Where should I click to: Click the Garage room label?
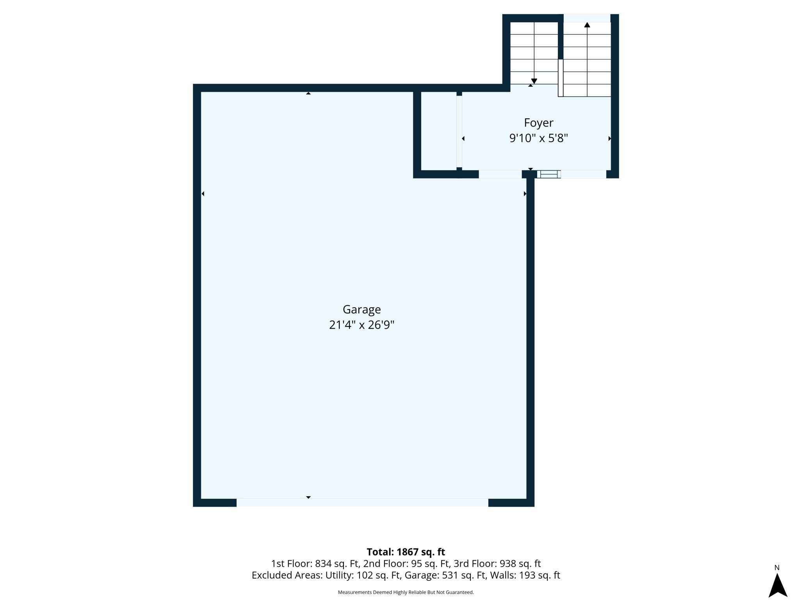(361, 309)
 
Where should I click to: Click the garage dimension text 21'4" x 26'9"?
(361, 325)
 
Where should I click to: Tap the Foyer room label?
(538, 123)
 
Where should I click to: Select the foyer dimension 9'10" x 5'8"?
(538, 138)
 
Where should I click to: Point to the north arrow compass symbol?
(778, 586)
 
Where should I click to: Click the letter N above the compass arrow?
(777, 568)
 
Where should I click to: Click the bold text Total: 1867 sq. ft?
(406, 552)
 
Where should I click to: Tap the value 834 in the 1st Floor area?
(323, 563)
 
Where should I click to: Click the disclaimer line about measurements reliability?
(406, 592)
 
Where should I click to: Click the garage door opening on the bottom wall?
(362, 502)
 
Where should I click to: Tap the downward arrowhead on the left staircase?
(534, 81)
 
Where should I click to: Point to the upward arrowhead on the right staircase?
(587, 25)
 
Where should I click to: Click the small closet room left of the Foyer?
(438, 131)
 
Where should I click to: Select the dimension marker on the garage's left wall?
(203, 194)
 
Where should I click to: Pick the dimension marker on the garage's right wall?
(525, 194)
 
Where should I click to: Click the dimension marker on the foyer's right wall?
(609, 139)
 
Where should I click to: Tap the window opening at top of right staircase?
(587, 18)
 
